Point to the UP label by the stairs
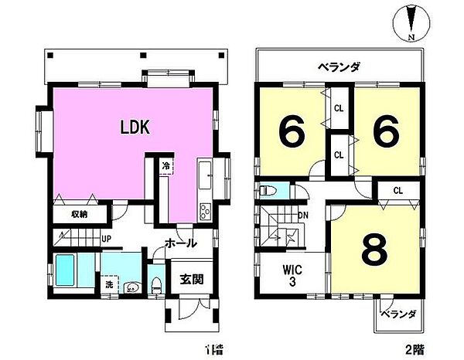click(106, 239)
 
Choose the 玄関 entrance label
click(192, 280)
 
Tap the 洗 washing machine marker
click(107, 284)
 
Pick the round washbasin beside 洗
click(130, 287)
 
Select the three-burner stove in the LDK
click(204, 210)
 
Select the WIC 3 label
click(292, 275)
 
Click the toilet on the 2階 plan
click(268, 189)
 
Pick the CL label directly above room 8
click(397, 190)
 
